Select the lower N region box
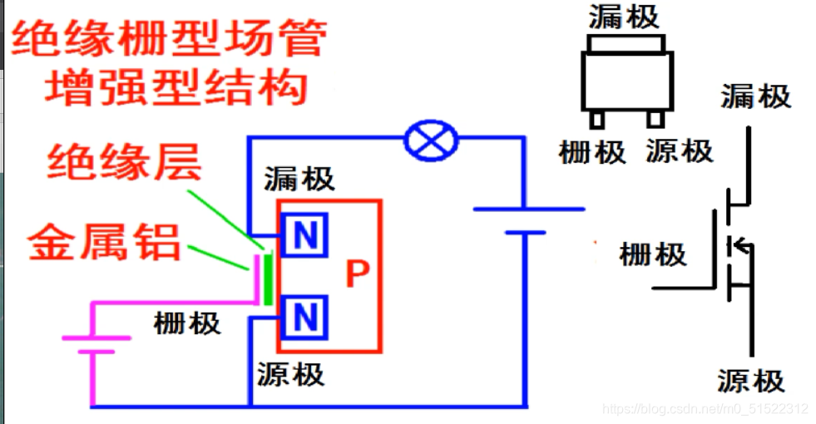pos(305,317)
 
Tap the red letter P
pos(356,274)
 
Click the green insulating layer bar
pos(268,278)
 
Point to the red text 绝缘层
pos(124,163)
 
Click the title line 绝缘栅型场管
pos(167,38)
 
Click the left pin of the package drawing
pos(596,119)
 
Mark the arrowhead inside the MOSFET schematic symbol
pos(735,244)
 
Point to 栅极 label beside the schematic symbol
pos(653,254)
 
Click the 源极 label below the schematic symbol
pos(751,381)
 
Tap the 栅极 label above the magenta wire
pos(187,323)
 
